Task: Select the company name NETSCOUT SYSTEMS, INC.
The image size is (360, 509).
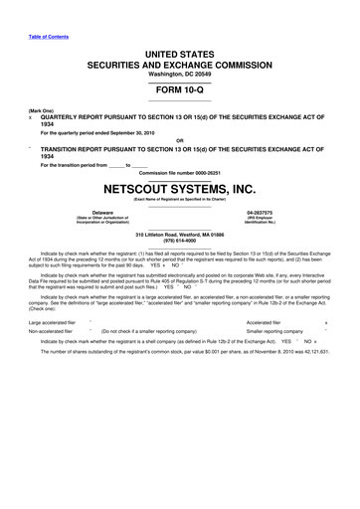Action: (x=180, y=186)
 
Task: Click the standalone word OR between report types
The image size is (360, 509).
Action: (x=180, y=139)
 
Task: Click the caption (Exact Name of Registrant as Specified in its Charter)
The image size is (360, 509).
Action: (x=180, y=200)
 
